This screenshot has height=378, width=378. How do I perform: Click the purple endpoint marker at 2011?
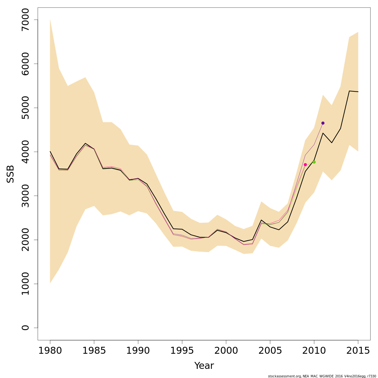323,123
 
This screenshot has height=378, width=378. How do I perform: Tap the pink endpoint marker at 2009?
305,165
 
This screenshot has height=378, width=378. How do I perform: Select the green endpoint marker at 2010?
314,162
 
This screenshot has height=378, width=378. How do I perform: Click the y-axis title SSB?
10,174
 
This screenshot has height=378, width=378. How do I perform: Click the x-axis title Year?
204,366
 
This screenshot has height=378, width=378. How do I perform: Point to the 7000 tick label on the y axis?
26,20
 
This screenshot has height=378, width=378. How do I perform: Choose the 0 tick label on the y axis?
26,328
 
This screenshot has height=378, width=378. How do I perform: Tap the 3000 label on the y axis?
26,196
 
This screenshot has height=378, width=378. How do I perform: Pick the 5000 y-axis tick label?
26,108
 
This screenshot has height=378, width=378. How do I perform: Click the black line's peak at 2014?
349,91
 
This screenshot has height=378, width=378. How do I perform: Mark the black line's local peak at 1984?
85,143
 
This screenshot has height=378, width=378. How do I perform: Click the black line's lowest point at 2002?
243,242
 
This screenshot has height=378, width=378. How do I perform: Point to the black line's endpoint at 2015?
358,92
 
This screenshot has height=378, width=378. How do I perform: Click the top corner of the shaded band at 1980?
50,20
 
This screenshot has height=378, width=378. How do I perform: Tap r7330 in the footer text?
371,376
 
